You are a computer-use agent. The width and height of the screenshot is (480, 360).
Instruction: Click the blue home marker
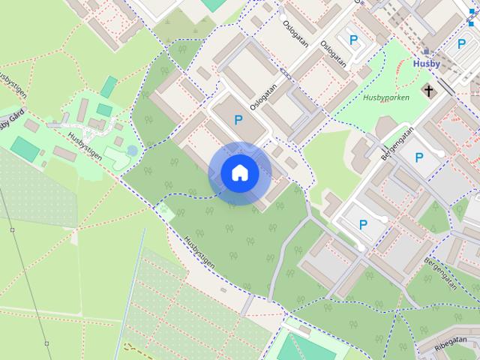click(239, 173)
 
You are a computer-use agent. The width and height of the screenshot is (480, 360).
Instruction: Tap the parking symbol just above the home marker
click(238, 119)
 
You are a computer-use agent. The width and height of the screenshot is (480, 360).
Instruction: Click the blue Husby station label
click(427, 64)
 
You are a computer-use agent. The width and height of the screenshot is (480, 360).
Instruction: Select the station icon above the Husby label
click(427, 51)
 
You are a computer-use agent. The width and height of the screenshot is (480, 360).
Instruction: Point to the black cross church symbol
click(429, 91)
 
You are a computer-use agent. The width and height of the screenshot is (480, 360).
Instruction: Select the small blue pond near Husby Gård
click(132, 151)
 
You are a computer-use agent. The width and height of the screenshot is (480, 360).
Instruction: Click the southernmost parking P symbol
click(364, 223)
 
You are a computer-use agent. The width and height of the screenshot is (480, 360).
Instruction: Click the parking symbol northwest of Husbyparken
click(352, 40)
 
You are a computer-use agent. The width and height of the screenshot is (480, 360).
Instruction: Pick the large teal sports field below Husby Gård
click(25, 148)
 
